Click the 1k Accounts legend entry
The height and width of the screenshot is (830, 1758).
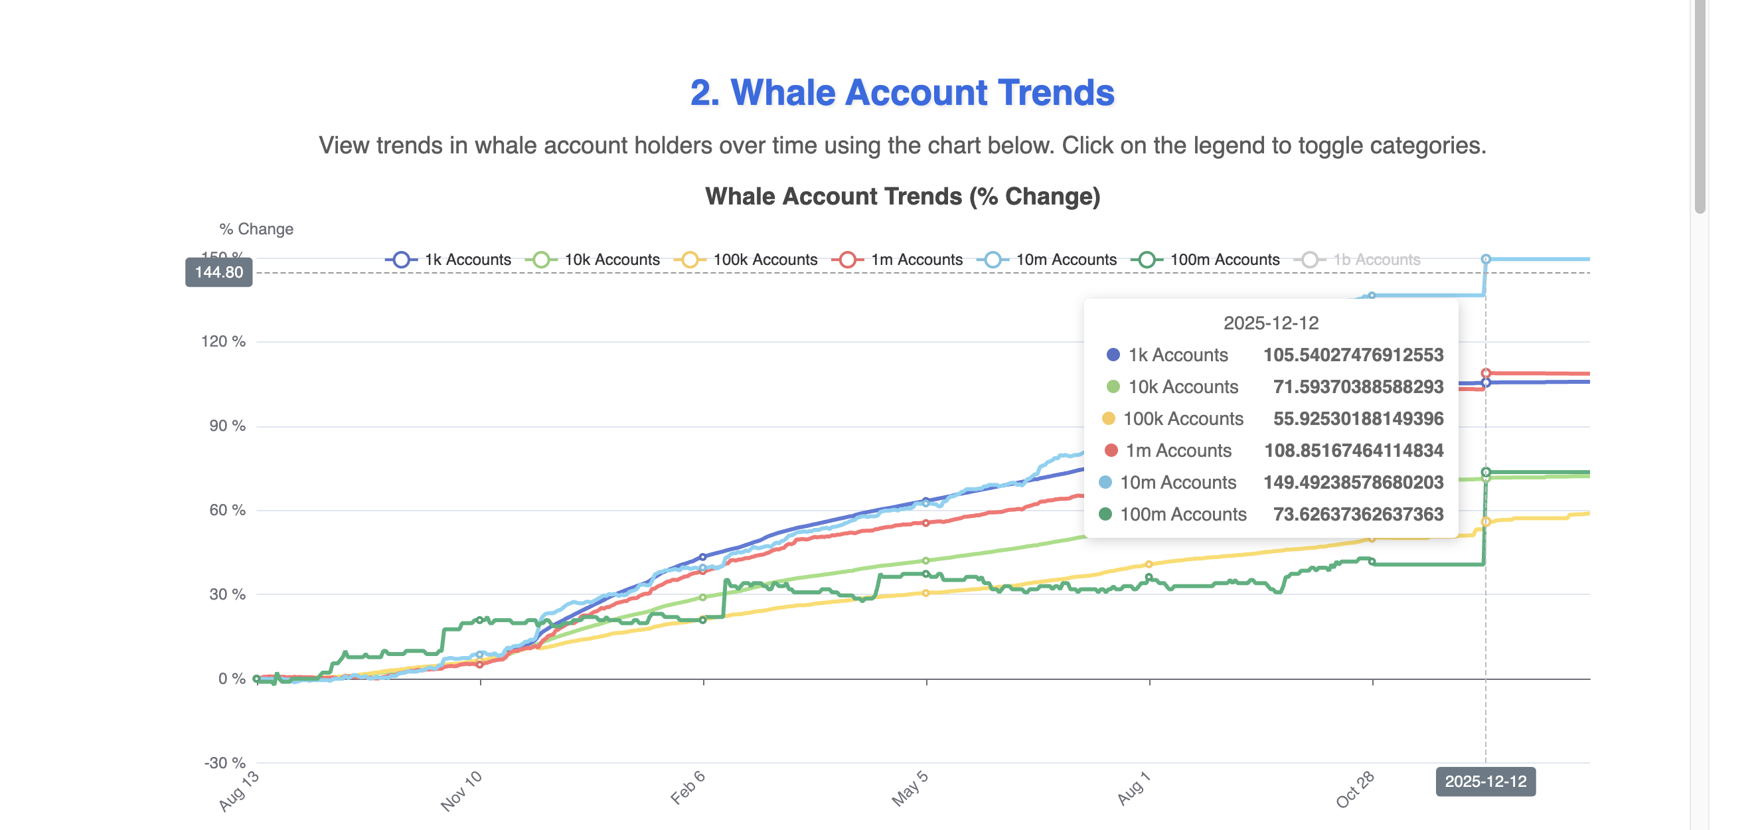(x=449, y=260)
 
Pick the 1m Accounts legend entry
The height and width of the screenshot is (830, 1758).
(x=898, y=260)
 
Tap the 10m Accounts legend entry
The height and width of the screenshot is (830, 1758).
(x=1047, y=260)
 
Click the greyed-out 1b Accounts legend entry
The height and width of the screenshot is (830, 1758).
(x=1361, y=260)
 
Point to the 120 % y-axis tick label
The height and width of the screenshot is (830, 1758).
(x=223, y=341)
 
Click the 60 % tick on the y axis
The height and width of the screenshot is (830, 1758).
(x=227, y=510)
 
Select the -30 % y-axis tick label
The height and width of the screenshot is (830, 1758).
(x=224, y=762)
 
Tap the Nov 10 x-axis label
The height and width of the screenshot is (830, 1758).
(x=461, y=791)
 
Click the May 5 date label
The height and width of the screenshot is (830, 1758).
(x=910, y=789)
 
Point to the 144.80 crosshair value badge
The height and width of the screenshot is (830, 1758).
(x=218, y=272)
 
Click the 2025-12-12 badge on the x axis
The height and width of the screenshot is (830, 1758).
(x=1485, y=782)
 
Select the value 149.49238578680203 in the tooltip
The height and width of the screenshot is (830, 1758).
(x=1352, y=483)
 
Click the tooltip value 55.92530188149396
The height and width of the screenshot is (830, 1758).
(x=1358, y=418)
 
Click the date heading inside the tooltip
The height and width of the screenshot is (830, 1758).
(x=1270, y=323)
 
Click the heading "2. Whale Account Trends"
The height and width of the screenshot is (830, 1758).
(x=902, y=92)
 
